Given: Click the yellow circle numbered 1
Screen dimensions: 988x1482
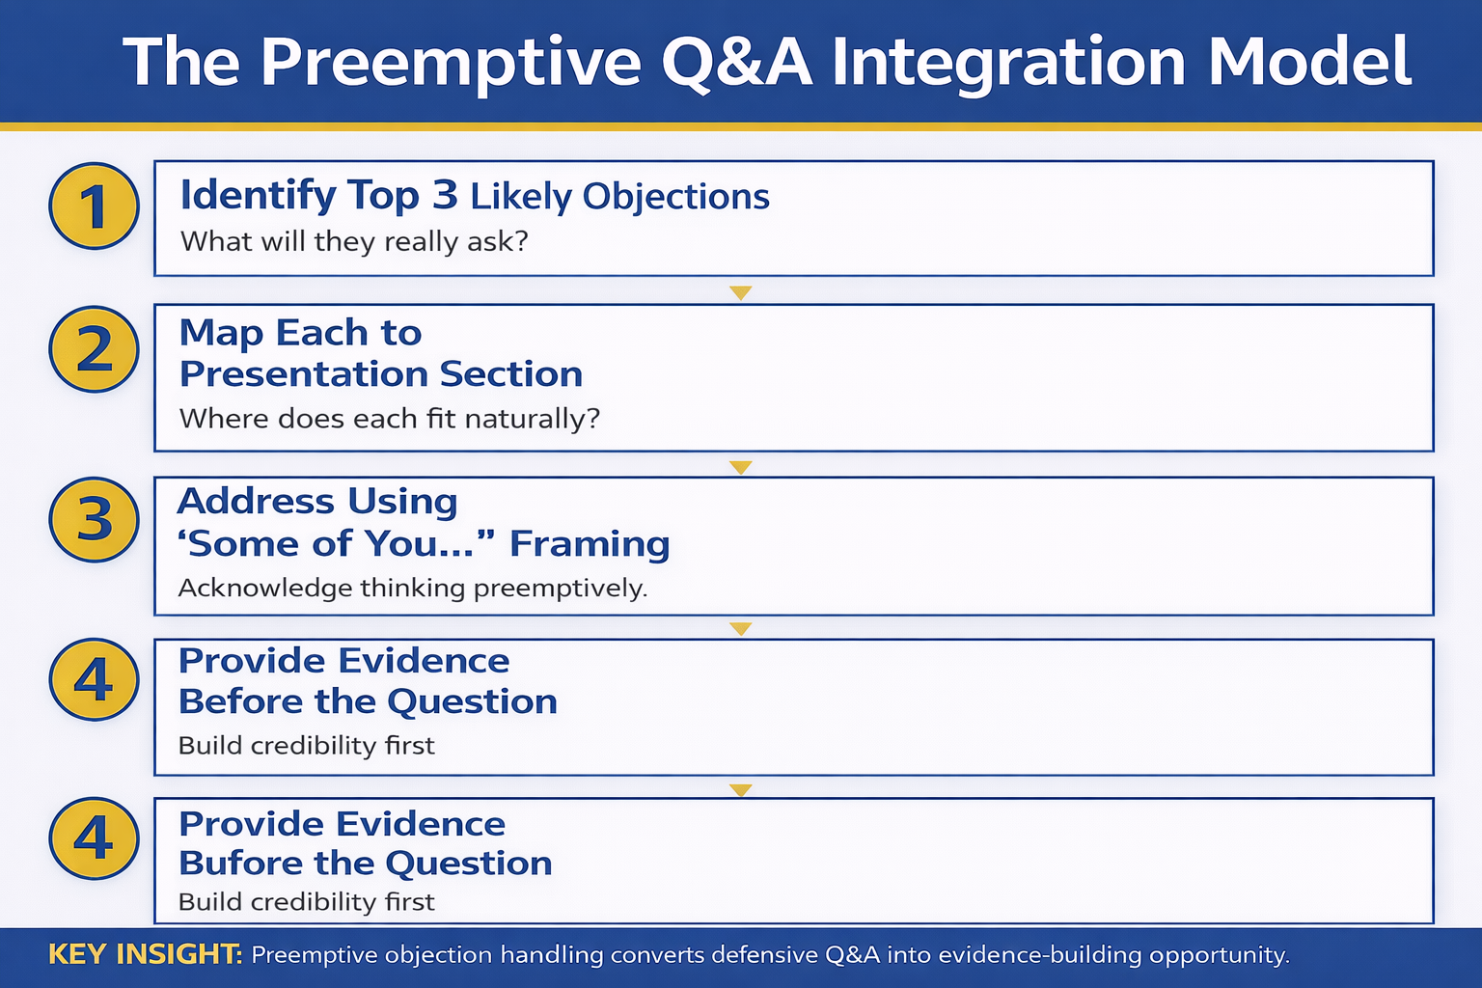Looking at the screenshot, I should [x=94, y=206].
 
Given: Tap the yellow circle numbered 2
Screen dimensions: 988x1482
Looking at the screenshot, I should [x=94, y=349].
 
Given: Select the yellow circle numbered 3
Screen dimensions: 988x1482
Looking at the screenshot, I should [x=94, y=520].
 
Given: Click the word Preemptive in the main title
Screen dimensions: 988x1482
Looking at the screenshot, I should [x=451, y=63].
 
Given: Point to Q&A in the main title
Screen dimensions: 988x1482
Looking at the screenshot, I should [x=736, y=63].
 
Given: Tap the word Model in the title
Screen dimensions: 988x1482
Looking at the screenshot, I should [x=1309, y=63].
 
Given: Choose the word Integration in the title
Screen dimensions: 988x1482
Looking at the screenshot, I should [x=1008, y=63].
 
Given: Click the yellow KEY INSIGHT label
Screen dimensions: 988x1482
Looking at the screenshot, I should [x=145, y=954].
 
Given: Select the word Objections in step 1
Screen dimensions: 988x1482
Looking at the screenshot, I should [x=675, y=197].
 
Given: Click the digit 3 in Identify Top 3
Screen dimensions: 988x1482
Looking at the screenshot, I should [x=445, y=196].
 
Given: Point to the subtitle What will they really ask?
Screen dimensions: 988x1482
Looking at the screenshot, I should [x=354, y=241].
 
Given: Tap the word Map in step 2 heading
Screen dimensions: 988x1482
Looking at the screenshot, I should [x=221, y=333].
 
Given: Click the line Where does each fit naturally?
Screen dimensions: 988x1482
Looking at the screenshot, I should [x=390, y=419].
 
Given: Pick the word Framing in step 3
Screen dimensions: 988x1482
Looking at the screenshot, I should [x=590, y=544].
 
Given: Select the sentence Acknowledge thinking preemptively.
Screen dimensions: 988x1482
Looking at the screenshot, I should [x=413, y=588].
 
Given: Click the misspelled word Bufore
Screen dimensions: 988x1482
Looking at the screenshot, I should [x=239, y=864].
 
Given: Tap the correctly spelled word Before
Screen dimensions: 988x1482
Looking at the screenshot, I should [x=240, y=701].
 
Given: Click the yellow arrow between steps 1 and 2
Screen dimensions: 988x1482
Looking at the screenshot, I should [x=740, y=292].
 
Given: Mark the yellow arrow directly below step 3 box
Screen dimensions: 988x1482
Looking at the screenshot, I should [x=740, y=629].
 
